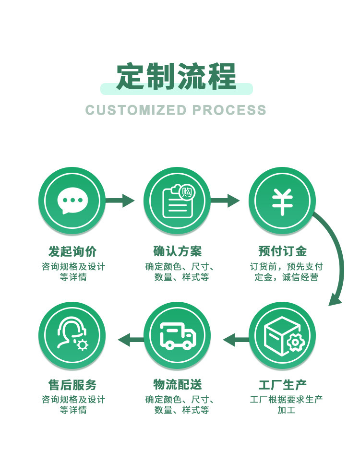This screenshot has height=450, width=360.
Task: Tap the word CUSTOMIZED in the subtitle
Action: [136, 110]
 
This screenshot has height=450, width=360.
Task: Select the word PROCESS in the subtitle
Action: [229, 110]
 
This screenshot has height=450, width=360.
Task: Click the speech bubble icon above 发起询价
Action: [72, 201]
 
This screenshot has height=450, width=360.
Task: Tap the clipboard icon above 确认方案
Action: [177, 201]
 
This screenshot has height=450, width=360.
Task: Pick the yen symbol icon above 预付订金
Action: [282, 201]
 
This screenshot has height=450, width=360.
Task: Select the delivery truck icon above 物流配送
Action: [177, 335]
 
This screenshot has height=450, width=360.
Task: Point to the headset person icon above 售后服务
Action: [72, 335]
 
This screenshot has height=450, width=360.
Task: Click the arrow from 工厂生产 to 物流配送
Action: [236, 340]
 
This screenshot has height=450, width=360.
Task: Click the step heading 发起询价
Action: [72, 251]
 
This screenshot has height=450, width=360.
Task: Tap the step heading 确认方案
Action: [177, 251]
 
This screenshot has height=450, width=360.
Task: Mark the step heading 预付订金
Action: [282, 251]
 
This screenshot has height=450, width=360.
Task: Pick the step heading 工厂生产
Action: [282, 385]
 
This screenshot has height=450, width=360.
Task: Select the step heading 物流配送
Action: [177, 385]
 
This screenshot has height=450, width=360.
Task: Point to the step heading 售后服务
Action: [72, 385]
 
